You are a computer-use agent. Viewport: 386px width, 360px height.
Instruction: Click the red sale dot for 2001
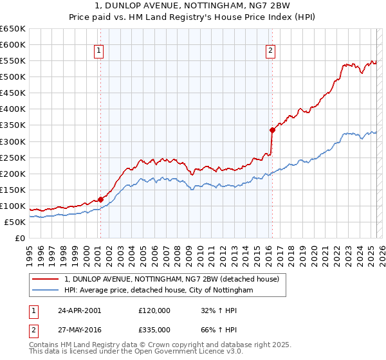pyautogui.click(x=100, y=199)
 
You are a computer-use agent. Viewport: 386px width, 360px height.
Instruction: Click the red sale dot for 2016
pyautogui.click(x=272, y=130)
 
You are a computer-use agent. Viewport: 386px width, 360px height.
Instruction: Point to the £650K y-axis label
pyautogui.click(x=13, y=29)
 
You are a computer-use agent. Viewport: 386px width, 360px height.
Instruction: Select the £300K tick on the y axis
pyautogui.click(x=13, y=141)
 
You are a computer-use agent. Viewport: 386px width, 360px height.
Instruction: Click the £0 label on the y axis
pyautogui.click(x=20, y=238)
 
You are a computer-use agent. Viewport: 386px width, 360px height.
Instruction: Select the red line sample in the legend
pyautogui.click(x=46, y=280)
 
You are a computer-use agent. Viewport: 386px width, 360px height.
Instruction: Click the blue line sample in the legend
pyautogui.click(x=46, y=291)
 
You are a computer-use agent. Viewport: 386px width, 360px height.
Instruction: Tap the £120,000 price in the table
pyautogui.click(x=154, y=310)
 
